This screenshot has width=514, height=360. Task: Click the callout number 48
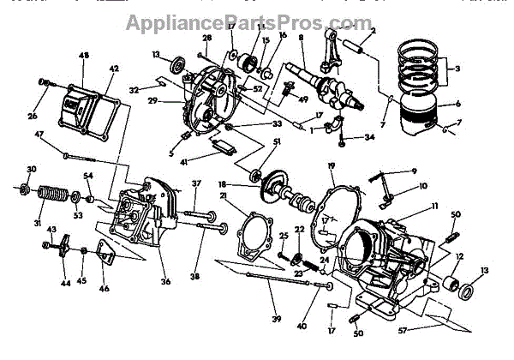pyautogui.click(x=84, y=57)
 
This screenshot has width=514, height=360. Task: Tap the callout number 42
pyautogui.click(x=114, y=68)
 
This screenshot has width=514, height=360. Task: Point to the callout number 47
pyautogui.click(x=40, y=135)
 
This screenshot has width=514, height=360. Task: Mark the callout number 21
pyautogui.click(x=224, y=196)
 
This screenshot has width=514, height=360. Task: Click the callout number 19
pyautogui.click(x=331, y=165)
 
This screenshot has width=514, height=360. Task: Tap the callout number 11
pyautogui.click(x=434, y=206)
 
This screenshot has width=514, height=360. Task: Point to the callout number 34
pyautogui.click(x=369, y=136)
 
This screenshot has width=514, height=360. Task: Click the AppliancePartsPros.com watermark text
pyautogui.click(x=256, y=21)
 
